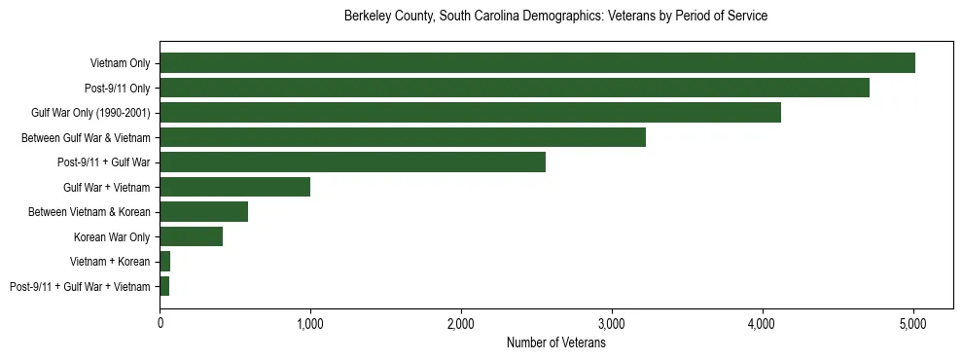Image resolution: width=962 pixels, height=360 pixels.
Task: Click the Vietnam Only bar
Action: [537, 63]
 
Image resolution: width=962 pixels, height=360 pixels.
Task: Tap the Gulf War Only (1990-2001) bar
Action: [470, 113]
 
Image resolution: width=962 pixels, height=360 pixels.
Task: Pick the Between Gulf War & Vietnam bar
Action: [403, 137]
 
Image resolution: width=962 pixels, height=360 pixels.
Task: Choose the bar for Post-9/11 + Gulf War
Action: [352, 162]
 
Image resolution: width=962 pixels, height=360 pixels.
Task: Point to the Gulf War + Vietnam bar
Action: [234, 187]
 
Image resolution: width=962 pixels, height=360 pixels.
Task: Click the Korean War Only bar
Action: [191, 236]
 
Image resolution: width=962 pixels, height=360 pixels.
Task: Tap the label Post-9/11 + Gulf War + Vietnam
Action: [80, 287]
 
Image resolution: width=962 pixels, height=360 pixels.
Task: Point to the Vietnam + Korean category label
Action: [110, 262]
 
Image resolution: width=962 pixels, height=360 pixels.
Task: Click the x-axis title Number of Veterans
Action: [555, 342]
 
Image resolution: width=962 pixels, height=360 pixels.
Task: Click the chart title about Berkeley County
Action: [555, 17]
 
